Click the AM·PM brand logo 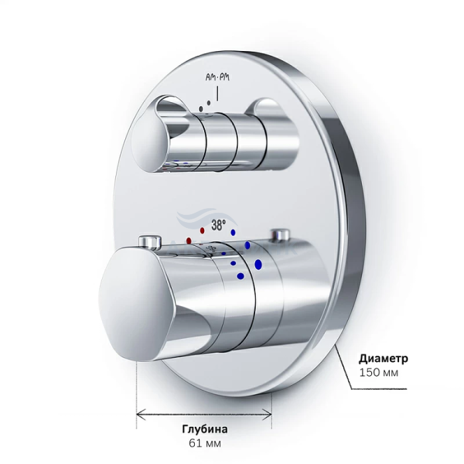click(217, 78)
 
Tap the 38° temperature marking click(218, 225)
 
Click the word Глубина click(205, 429)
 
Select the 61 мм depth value click(205, 443)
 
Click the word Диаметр click(383, 359)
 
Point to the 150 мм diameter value click(378, 373)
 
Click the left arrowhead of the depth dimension click(141, 414)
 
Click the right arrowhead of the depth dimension click(267, 414)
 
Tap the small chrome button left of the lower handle click(150, 241)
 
